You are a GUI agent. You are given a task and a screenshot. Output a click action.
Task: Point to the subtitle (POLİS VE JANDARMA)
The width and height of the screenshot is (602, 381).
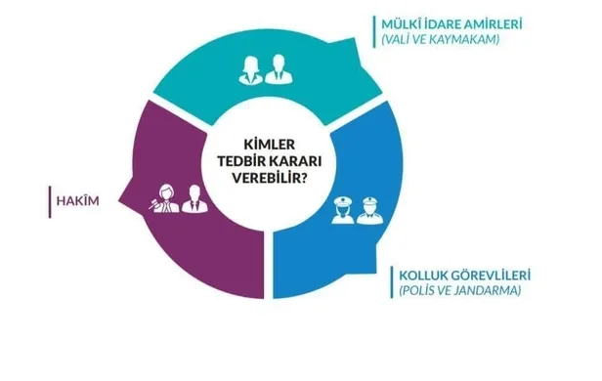[458, 291]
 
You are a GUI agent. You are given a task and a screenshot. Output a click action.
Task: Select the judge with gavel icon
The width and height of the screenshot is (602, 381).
[160, 200]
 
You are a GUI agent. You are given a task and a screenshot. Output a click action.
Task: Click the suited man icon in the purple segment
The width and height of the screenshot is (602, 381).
[193, 199]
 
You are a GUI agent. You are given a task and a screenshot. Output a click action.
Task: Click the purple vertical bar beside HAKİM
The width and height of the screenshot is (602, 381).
[50, 202]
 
